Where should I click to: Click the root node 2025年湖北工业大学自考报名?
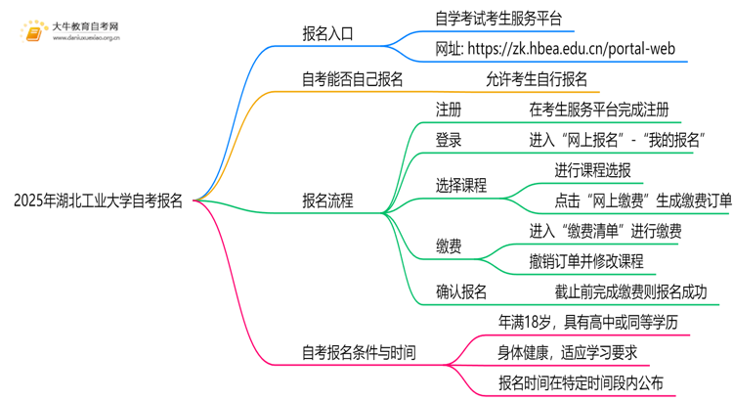[98, 201]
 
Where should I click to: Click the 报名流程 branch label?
[328, 201]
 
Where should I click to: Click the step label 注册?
[449, 109]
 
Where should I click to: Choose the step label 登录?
[449, 139]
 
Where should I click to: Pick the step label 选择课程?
[461, 185]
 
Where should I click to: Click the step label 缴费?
[449, 246]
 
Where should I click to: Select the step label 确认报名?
[461, 291]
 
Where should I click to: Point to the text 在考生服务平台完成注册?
[598, 109]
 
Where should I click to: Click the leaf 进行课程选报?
[592, 169]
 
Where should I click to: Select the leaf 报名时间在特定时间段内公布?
[581, 382]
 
